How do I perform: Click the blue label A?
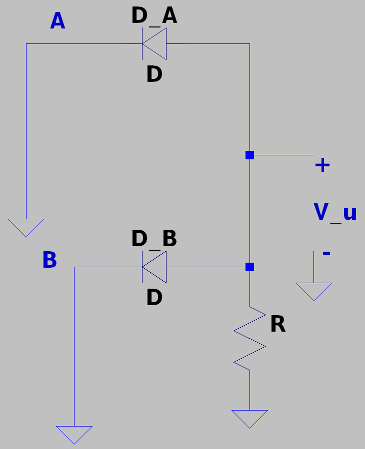click(x=57, y=21)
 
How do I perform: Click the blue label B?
click(x=49, y=260)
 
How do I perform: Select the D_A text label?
click(x=154, y=16)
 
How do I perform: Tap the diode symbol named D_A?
click(x=154, y=44)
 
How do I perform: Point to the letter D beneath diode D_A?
click(x=154, y=75)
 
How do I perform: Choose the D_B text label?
click(x=154, y=239)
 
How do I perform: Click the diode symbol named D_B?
click(x=154, y=267)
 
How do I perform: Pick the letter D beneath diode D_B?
click(x=154, y=298)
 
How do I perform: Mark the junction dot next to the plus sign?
click(x=249, y=155)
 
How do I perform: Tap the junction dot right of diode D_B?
click(x=249, y=267)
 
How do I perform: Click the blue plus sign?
click(x=322, y=165)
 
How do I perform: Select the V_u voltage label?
click(x=335, y=213)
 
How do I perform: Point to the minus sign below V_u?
click(x=326, y=253)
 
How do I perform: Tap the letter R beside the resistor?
click(x=277, y=325)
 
